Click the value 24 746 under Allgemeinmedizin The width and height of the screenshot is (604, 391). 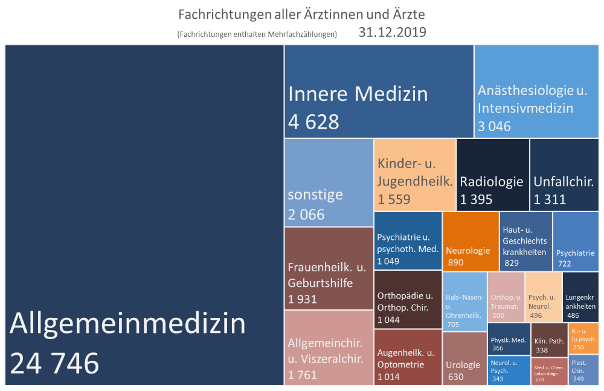pyautogui.click(x=54, y=363)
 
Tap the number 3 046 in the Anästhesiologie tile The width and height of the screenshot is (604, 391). pyautogui.click(x=494, y=126)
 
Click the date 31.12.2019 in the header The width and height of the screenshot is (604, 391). pyautogui.click(x=392, y=33)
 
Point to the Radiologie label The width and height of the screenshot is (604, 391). pyautogui.click(x=491, y=181)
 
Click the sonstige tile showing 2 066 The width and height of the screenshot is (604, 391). pyautogui.click(x=329, y=183)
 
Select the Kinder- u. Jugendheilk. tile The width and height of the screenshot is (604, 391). pyautogui.click(x=414, y=173)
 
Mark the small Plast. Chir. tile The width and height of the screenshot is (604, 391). pyautogui.click(x=584, y=370)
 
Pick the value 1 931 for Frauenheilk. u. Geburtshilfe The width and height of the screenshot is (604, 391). pyautogui.click(x=302, y=299)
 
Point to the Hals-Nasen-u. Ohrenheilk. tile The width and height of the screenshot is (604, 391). pyautogui.click(x=464, y=302)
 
